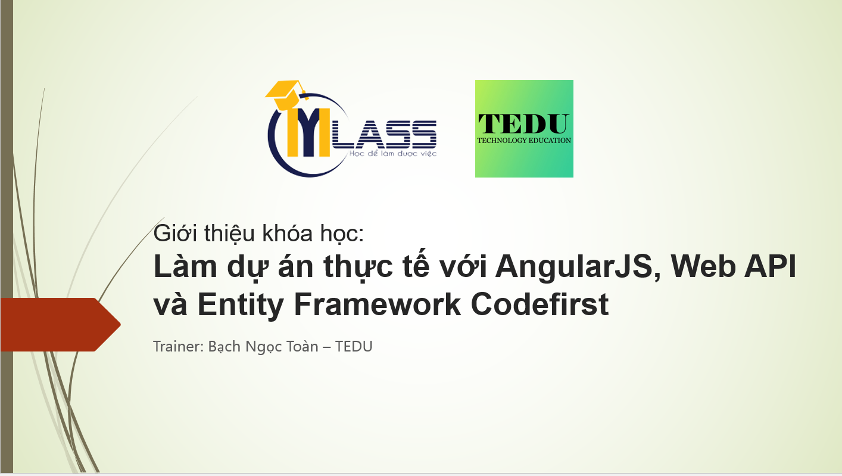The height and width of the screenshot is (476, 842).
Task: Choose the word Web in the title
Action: [x=701, y=268]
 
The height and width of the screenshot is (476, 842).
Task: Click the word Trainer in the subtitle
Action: [x=177, y=346]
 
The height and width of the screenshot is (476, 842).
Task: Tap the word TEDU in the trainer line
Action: [x=354, y=346]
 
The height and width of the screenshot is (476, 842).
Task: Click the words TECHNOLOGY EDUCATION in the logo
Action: [x=524, y=141]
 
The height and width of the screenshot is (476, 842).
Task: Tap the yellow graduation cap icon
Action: [x=285, y=91]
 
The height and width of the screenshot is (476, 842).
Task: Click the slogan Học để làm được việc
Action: [x=385, y=154]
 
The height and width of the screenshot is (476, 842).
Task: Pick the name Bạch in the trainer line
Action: [x=224, y=346]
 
